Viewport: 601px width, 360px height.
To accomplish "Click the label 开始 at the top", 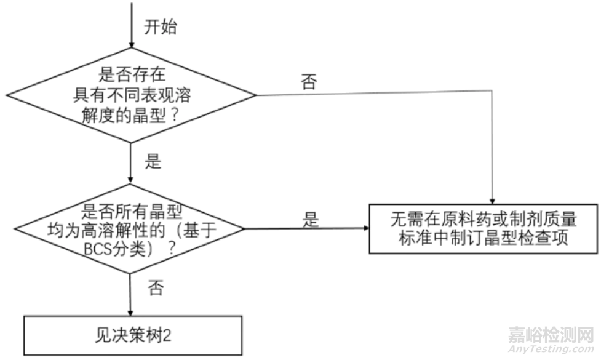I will click(x=162, y=27).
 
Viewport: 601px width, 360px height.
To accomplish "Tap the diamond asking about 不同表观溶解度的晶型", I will click(x=131, y=95).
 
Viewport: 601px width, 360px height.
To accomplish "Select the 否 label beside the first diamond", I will click(x=309, y=82).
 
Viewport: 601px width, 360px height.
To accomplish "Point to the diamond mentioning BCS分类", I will click(x=131, y=228).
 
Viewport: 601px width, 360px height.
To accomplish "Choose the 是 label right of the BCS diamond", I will click(x=311, y=220).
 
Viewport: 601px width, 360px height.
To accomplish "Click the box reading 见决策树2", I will click(x=131, y=335).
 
